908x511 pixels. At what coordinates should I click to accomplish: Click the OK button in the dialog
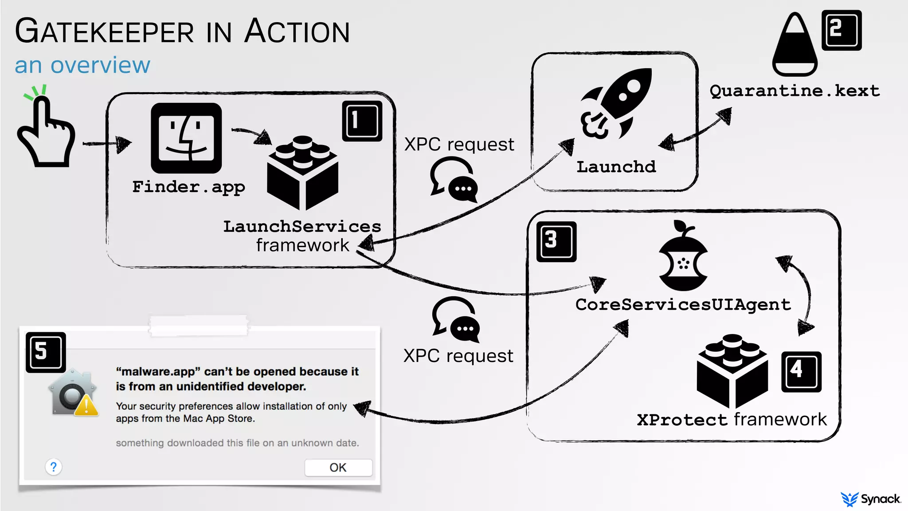(x=338, y=468)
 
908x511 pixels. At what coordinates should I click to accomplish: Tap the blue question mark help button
(x=54, y=467)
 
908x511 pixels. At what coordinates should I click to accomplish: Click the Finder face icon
(x=186, y=138)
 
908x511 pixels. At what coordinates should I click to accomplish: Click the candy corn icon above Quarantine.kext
(x=794, y=44)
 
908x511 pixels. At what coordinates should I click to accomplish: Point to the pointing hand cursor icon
(x=46, y=131)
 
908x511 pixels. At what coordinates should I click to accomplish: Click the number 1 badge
(x=362, y=121)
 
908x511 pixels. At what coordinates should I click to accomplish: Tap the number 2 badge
(x=841, y=30)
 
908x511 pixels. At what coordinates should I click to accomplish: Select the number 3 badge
(x=556, y=241)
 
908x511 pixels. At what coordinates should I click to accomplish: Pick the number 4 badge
(x=801, y=371)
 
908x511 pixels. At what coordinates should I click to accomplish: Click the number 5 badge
(x=46, y=352)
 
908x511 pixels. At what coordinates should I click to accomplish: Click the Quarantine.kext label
(x=794, y=91)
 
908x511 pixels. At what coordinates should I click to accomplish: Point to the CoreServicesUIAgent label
(x=683, y=305)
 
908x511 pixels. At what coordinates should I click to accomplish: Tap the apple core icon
(x=683, y=257)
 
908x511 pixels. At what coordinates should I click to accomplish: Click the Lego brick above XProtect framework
(x=732, y=370)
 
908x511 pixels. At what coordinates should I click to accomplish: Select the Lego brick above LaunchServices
(x=302, y=173)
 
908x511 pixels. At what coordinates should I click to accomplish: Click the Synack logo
(x=870, y=499)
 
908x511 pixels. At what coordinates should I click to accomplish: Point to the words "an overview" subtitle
(x=82, y=65)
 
